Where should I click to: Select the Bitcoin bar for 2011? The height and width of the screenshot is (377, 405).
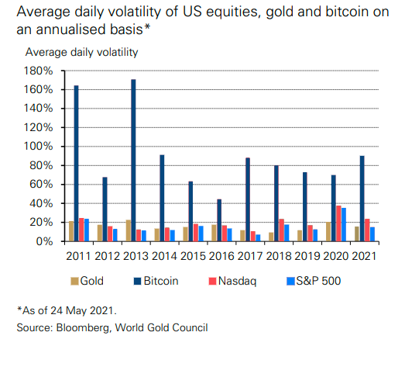click(x=76, y=164)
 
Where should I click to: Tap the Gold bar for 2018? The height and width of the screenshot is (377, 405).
click(x=270, y=237)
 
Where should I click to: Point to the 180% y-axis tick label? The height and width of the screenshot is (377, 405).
click(x=39, y=71)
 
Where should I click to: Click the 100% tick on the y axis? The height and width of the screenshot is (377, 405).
click(x=39, y=147)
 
